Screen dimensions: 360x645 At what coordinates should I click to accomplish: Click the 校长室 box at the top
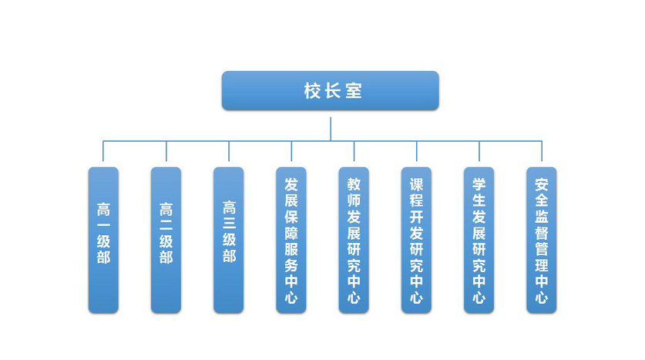330,90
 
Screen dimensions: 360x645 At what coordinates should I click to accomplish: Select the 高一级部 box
103,240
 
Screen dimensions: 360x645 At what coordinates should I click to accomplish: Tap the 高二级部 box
166,240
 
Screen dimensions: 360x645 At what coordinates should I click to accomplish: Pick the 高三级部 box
228,240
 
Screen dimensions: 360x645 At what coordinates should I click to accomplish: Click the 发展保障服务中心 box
291,240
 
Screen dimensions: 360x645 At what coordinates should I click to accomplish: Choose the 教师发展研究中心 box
354,240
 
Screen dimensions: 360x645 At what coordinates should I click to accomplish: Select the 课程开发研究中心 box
416,240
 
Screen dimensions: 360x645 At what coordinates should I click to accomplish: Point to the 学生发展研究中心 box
479,240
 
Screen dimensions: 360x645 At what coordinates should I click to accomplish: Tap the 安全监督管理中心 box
542,240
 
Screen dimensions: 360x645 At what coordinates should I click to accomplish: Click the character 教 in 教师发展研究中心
354,184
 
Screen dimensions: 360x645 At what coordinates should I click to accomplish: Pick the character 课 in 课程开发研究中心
416,184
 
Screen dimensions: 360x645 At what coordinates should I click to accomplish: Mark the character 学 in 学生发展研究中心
479,184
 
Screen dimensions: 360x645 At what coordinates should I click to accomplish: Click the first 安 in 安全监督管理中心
542,184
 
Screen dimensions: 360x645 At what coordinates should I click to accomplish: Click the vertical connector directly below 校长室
331,128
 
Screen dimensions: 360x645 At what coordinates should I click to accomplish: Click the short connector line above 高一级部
103,153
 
